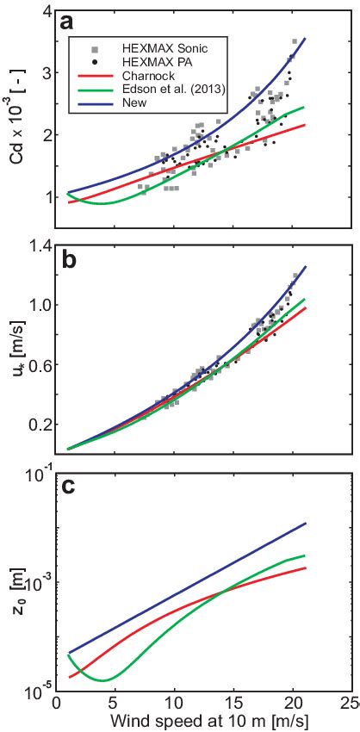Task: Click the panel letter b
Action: click(68, 261)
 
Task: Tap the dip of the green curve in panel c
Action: click(102, 680)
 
